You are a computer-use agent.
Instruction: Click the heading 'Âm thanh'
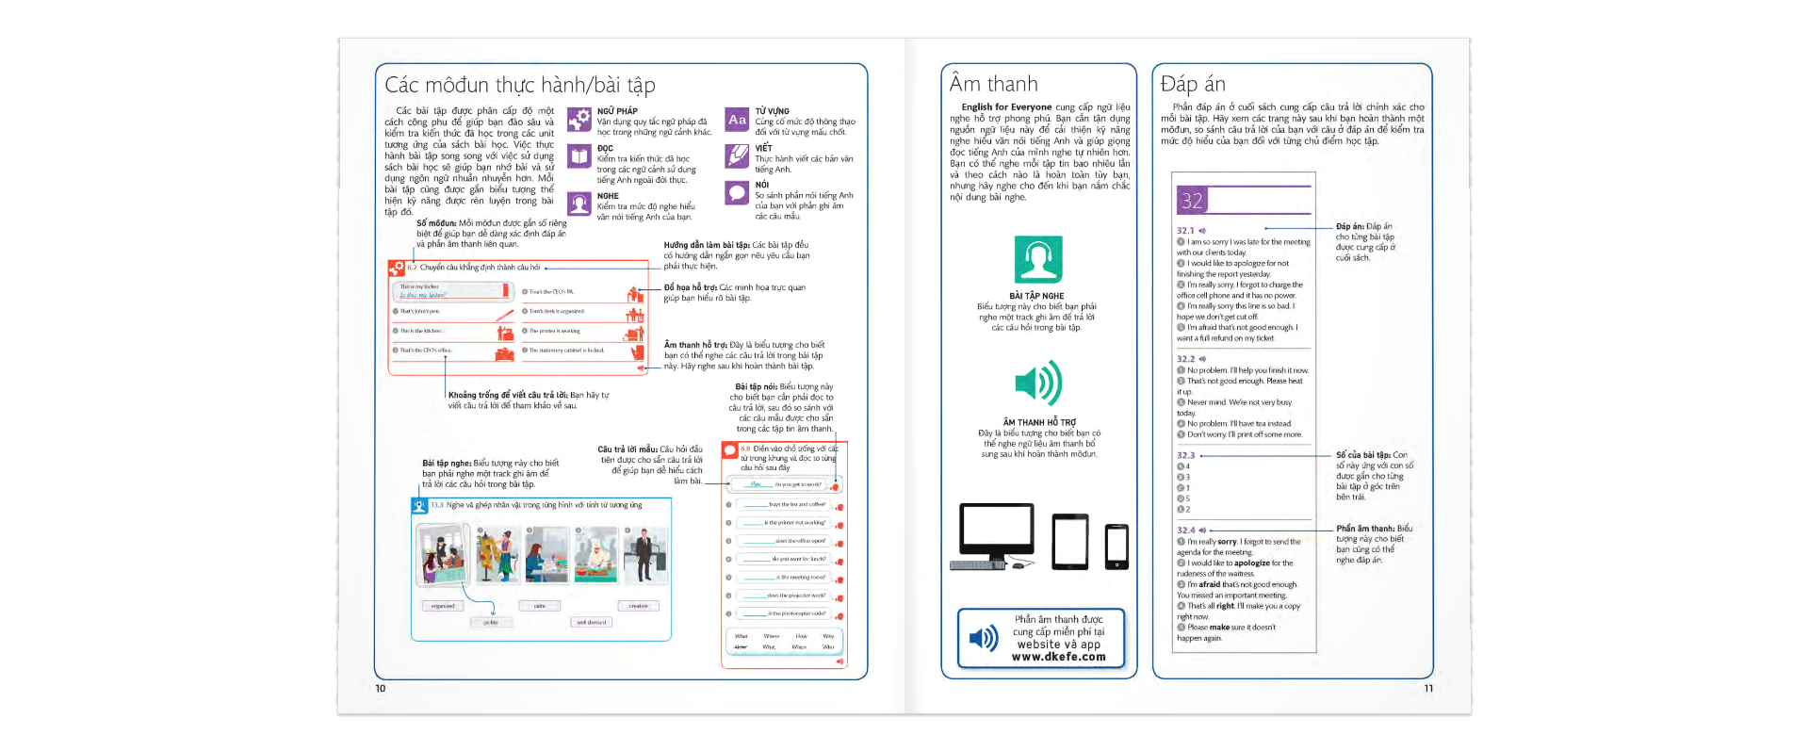[993, 84]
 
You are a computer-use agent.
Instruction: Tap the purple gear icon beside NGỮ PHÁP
[579, 120]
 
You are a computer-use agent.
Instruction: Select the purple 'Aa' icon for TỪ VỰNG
[737, 120]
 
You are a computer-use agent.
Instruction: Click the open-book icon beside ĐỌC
[579, 155]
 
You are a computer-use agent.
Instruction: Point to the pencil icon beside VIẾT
[737, 155]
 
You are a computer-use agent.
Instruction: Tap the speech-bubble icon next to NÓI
[737, 192]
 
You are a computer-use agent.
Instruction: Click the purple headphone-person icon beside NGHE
[579, 203]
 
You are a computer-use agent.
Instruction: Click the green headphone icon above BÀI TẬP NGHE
[1037, 259]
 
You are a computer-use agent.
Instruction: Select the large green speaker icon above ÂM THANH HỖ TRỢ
[1037, 383]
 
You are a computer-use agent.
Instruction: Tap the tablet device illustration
[1070, 542]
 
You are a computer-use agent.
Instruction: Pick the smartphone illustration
[1116, 547]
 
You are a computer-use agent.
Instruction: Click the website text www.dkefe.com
[1058, 657]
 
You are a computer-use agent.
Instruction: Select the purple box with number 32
[1192, 200]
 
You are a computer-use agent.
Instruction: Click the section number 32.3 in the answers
[1185, 455]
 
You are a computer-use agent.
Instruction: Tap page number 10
[381, 688]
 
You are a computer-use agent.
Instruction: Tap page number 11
[1428, 688]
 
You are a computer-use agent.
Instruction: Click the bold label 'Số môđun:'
[436, 223]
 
